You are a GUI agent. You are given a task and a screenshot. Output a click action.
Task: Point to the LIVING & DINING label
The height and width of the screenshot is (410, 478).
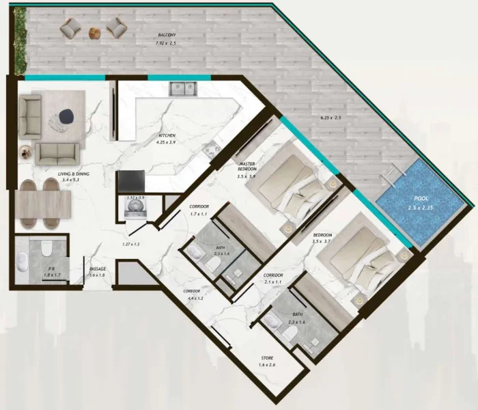pos(55,174)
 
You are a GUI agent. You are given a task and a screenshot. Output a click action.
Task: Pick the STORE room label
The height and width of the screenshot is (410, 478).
pos(268,358)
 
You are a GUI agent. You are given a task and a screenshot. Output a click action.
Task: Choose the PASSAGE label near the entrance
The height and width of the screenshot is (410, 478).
pos(97,269)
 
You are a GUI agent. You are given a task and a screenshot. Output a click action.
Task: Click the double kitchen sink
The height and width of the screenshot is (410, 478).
pos(182,88)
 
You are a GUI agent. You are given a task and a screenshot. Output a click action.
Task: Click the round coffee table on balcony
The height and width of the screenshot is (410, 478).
pos(95,31)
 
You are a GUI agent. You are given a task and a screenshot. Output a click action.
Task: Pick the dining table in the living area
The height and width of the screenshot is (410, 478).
pos(42,204)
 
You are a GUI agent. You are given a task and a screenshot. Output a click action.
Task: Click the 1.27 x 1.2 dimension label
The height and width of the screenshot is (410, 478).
pos(131,244)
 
